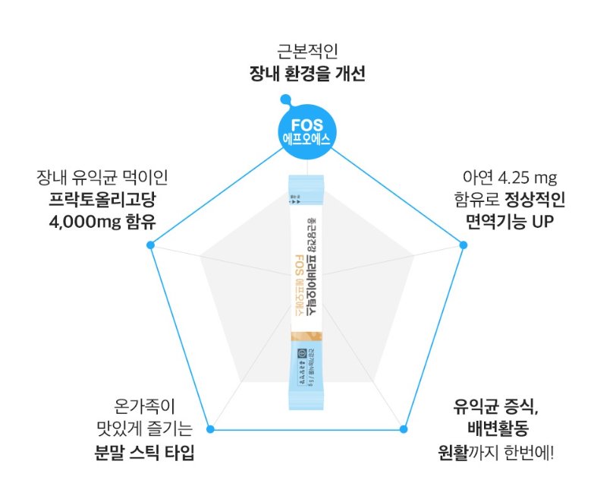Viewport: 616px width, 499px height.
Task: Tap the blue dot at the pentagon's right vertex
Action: point(464,244)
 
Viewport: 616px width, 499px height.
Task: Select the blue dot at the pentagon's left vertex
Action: point(150,245)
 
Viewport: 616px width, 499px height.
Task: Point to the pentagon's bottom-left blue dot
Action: point(210,429)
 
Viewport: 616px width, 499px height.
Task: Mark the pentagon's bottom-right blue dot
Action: point(403,429)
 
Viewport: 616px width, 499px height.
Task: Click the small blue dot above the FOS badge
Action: point(284,99)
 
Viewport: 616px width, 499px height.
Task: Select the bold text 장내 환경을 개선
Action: point(307,74)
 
